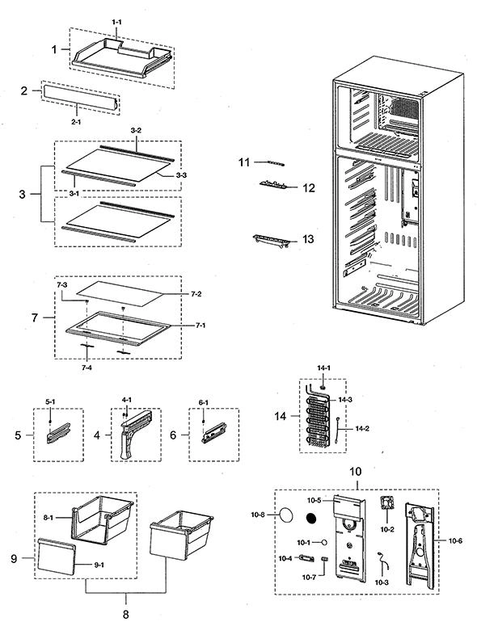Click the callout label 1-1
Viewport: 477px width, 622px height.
click(x=116, y=23)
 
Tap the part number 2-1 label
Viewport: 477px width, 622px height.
click(x=76, y=122)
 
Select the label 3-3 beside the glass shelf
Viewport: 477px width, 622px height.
click(x=181, y=174)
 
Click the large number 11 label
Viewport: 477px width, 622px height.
click(x=244, y=162)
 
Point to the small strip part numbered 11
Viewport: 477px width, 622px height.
click(x=276, y=163)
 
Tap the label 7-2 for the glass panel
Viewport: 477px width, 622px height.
click(x=196, y=294)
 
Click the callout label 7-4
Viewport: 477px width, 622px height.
click(x=87, y=368)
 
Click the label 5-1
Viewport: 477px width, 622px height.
click(x=50, y=401)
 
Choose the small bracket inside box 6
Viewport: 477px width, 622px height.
click(x=214, y=433)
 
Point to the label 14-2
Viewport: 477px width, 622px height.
click(x=362, y=428)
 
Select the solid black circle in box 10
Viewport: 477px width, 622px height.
click(x=312, y=518)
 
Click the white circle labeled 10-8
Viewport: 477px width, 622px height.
click(x=287, y=515)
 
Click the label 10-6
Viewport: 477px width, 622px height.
click(x=455, y=540)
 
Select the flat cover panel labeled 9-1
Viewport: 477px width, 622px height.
click(x=56, y=556)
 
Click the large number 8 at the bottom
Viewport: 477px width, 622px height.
click(x=125, y=615)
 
